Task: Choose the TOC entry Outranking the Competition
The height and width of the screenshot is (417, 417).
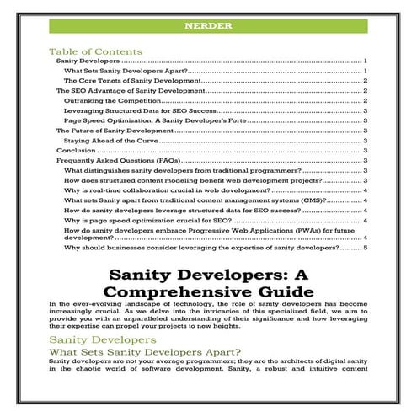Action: [x=112, y=100]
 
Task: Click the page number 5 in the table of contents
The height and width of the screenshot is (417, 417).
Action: [x=366, y=249]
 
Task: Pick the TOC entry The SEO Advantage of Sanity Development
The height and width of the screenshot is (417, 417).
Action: [x=125, y=90]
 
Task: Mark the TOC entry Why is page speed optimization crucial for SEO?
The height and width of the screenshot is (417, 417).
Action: [x=159, y=220]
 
